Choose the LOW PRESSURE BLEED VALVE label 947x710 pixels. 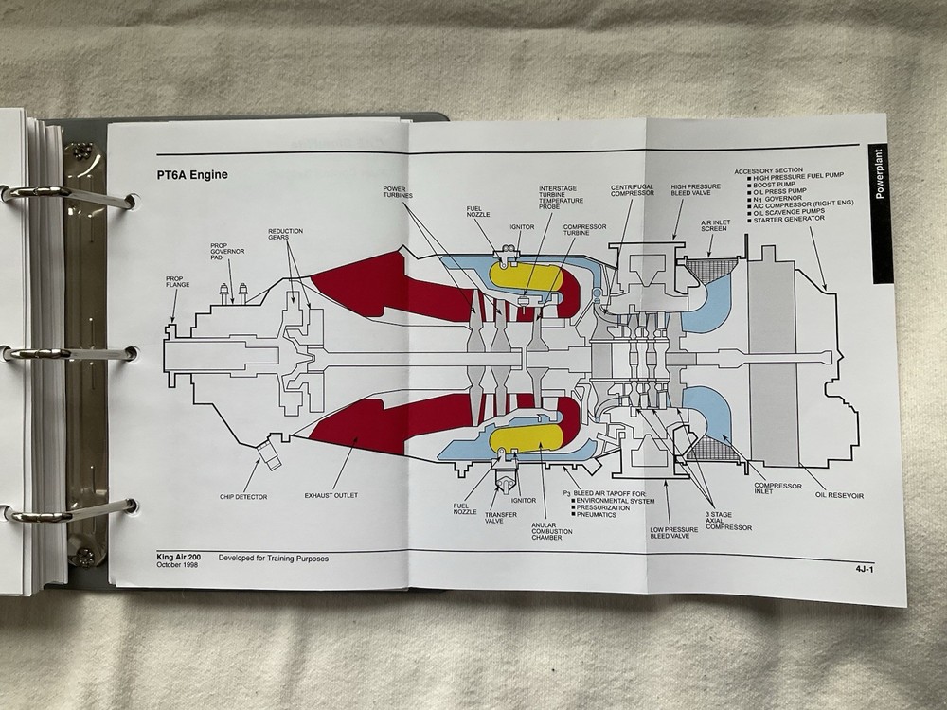pyautogui.click(x=668, y=538)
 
